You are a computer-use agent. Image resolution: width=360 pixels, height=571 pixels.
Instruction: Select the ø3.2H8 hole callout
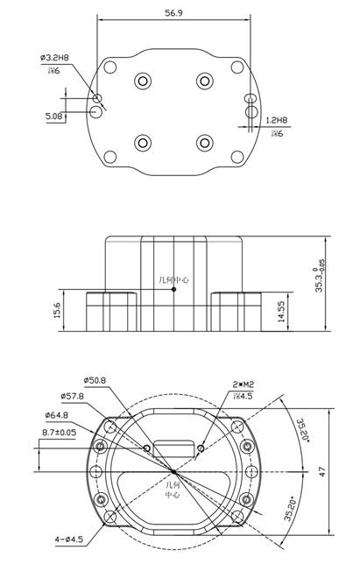click(x=54, y=58)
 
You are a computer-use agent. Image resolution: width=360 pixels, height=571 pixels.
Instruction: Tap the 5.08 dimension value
click(x=53, y=115)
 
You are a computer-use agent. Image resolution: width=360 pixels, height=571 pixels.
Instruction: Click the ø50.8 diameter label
click(x=95, y=380)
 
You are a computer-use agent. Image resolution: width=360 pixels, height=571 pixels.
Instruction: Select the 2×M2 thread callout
click(x=243, y=384)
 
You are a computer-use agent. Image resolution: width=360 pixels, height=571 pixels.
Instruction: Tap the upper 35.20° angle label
click(x=304, y=432)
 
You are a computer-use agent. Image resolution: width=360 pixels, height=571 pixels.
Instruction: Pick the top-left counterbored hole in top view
click(x=142, y=81)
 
